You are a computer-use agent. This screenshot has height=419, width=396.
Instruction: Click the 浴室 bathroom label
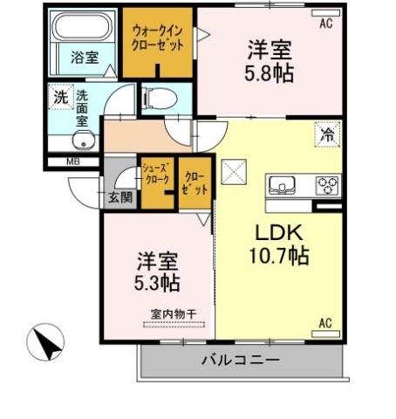[84, 58]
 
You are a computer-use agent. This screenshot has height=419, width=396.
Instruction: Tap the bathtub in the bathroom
[84, 29]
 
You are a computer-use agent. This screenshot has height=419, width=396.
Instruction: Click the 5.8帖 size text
[268, 73]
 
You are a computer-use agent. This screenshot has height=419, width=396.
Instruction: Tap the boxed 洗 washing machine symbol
[59, 98]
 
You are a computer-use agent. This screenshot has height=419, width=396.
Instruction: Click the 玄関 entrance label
[119, 197]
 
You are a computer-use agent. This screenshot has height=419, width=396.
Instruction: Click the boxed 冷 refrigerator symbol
[325, 137]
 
